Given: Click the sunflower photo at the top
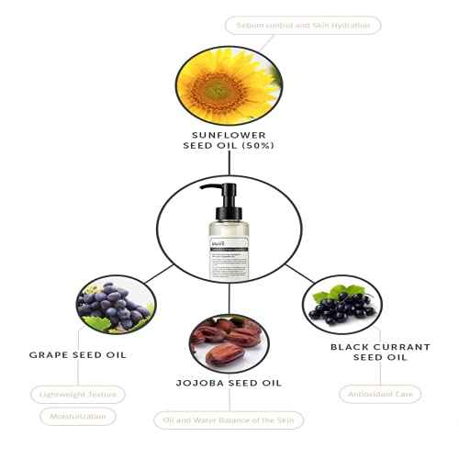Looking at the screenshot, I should (x=228, y=86).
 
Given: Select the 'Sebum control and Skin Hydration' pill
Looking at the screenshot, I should (x=303, y=25).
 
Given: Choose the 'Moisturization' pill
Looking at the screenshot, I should (x=79, y=417).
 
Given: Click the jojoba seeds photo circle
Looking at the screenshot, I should (x=229, y=342).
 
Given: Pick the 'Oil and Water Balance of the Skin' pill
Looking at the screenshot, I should (x=229, y=420).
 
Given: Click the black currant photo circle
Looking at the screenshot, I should (x=341, y=309).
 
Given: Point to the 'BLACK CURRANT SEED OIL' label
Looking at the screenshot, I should (x=367, y=353).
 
